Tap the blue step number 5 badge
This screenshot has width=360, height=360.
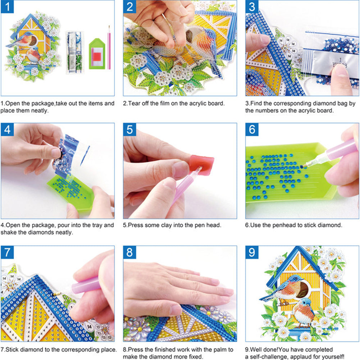pos(130,130)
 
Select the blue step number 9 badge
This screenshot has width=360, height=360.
pos(252,253)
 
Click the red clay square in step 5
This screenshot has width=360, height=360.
pos(202,165)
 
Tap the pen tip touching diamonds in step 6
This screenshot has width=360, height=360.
pos(304,165)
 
